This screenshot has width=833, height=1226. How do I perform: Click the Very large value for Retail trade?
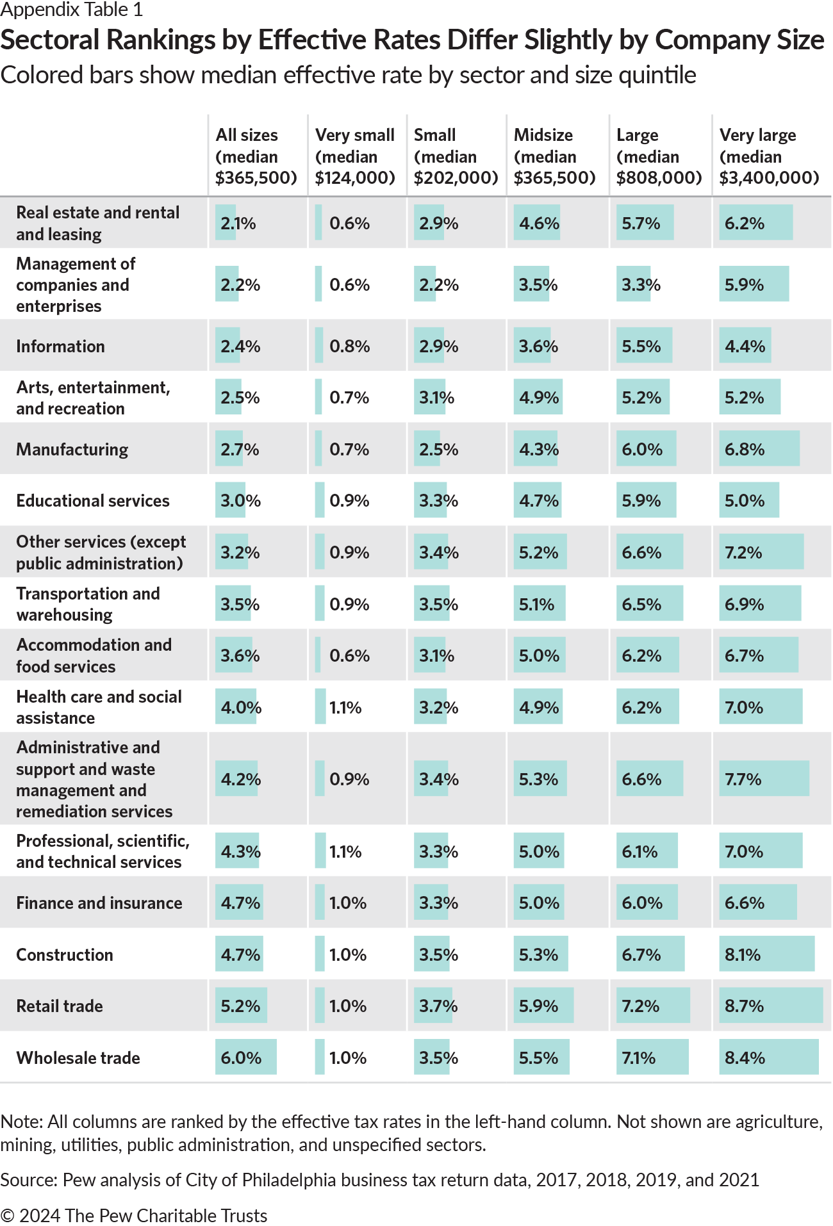pos(744,1006)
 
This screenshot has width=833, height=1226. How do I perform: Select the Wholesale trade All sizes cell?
pos(241,1058)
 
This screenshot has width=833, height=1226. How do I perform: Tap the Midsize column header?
pos(554,156)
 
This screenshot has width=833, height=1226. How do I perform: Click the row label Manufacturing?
pos(72,449)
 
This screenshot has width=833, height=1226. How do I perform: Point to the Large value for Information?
pos(641,346)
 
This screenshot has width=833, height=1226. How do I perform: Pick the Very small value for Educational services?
pos(349,500)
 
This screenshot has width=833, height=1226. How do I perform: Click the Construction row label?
pos(65,954)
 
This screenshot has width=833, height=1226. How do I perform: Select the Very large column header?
pos(769,156)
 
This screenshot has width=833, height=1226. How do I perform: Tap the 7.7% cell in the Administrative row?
pos(743,779)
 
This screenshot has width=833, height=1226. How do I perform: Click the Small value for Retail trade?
pos(438,1006)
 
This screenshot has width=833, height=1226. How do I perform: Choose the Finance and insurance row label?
pos(99,903)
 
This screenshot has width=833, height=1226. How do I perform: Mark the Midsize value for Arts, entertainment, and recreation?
pos(539,397)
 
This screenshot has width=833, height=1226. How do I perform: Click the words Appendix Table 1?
pos(72,10)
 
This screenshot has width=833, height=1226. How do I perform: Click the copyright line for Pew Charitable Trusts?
pos(134,1215)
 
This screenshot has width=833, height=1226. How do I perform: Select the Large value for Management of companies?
pos(641,284)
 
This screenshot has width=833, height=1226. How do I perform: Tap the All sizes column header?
pos(256,156)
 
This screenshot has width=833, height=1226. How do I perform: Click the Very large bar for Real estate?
pos(755,223)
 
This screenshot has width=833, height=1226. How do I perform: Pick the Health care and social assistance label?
pos(99,707)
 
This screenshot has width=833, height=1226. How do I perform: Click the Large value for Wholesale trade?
pos(639,1058)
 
